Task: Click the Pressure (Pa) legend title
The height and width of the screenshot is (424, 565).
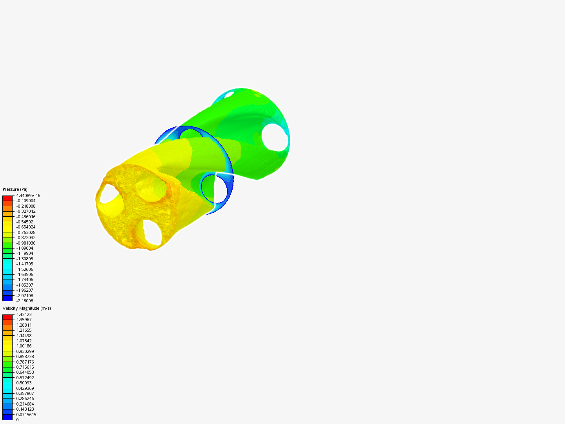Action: pyautogui.click(x=15, y=189)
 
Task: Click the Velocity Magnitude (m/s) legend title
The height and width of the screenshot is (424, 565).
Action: pyautogui.click(x=27, y=308)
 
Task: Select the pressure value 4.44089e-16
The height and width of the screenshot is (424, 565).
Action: pyautogui.click(x=28, y=196)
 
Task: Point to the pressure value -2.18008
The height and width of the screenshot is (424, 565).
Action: pyautogui.click(x=25, y=301)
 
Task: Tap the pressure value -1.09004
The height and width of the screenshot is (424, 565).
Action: pyautogui.click(x=25, y=248)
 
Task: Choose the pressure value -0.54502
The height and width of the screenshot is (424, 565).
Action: pyautogui.click(x=25, y=222)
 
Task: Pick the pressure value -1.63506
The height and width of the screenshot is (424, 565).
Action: pyautogui.click(x=25, y=274)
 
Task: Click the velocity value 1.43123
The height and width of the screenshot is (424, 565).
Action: pyautogui.click(x=24, y=314)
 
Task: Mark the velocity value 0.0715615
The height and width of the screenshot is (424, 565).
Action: pyautogui.click(x=26, y=415)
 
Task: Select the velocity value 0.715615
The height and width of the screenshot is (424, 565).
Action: pyautogui.click(x=25, y=367)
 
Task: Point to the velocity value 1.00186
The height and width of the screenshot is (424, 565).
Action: pyautogui.click(x=24, y=346)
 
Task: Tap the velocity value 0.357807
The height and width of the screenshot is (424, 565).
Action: pyautogui.click(x=25, y=393)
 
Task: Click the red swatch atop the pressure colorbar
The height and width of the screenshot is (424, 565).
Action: pyautogui.click(x=7, y=198)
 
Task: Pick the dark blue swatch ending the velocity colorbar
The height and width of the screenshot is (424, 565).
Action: pyautogui.click(x=7, y=417)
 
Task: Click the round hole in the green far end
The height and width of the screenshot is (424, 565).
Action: pyautogui.click(x=275, y=137)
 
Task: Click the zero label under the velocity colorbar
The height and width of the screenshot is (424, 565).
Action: pyautogui.click(x=17, y=420)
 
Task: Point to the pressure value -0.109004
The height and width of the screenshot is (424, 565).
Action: pyautogui.click(x=26, y=201)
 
